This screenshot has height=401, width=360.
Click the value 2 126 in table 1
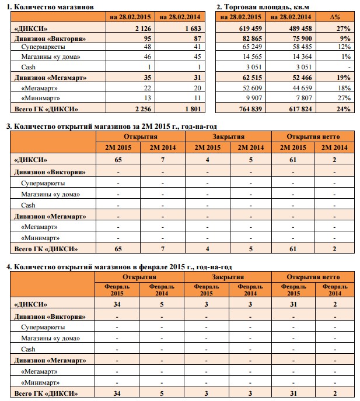[x=143, y=29]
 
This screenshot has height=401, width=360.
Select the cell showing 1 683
[x=193, y=29]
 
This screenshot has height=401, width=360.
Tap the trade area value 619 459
[x=250, y=29]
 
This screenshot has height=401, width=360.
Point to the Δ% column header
[x=335, y=17]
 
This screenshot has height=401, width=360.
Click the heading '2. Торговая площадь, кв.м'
[x=263, y=7]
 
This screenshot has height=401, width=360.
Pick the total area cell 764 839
[x=250, y=109]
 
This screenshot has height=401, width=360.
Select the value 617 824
[x=300, y=109]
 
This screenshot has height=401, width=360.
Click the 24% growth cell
[x=343, y=109]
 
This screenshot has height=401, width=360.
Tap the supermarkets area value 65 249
[x=252, y=47]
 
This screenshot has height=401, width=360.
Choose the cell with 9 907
[x=254, y=98]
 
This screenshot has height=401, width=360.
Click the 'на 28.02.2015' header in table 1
[x=130, y=17]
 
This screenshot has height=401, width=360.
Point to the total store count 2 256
[x=143, y=109]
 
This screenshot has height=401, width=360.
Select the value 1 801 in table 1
[x=193, y=109]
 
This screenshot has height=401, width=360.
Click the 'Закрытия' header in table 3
[x=228, y=136]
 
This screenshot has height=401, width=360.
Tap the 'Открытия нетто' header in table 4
[x=313, y=277]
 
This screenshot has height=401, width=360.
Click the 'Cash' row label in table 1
[x=28, y=67]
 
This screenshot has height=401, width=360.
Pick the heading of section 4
[x=119, y=267]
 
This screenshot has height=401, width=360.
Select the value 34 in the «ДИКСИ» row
[x=117, y=304]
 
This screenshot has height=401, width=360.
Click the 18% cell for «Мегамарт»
[x=344, y=88]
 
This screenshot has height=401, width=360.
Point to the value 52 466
[x=302, y=78]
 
